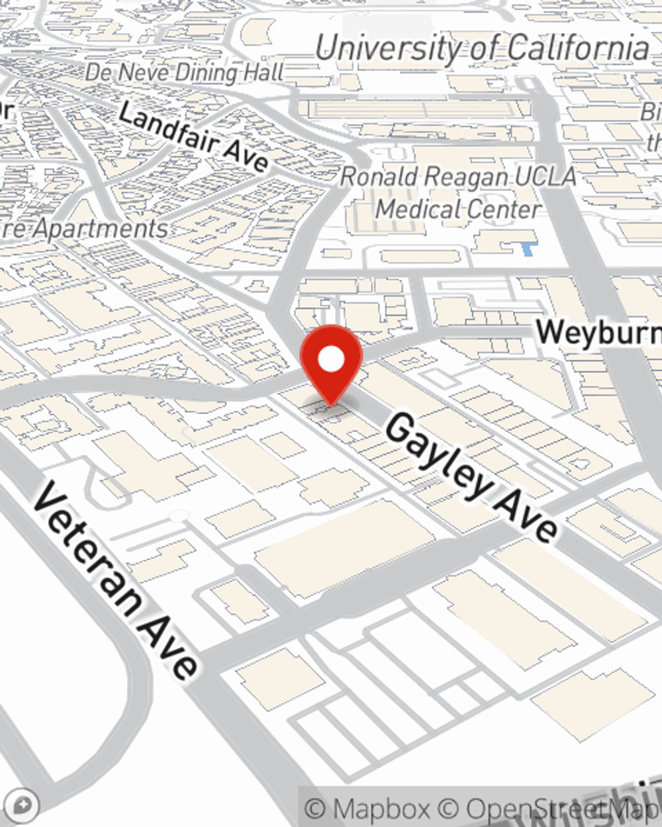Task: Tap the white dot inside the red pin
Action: (331, 360)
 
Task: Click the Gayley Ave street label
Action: (471, 475)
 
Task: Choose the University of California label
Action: (482, 48)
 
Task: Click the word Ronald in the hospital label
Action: (379, 177)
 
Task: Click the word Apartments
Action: (100, 229)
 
